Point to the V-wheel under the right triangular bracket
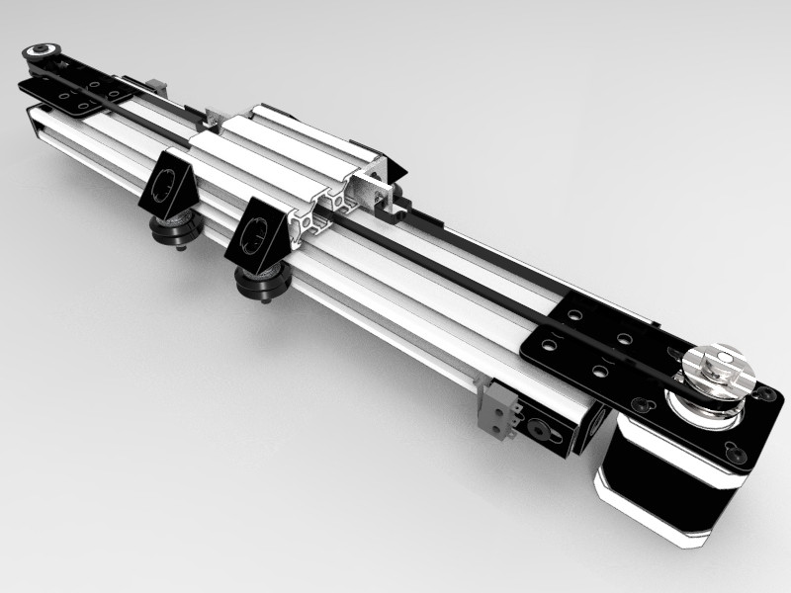[258, 283]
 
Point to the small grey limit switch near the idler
[153, 87]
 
